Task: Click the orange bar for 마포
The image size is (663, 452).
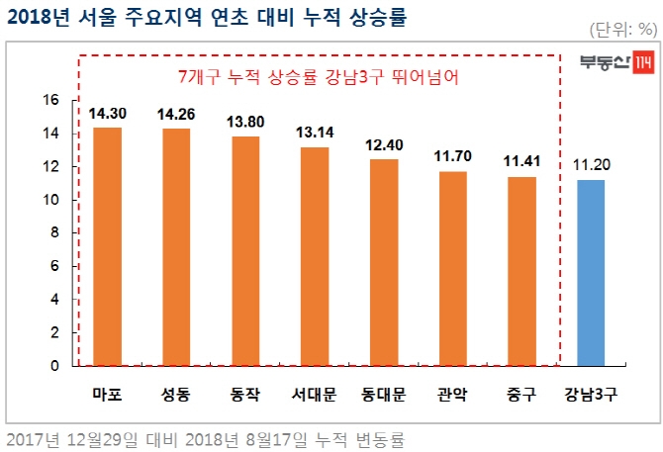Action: coord(107,246)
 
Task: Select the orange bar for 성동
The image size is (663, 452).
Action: coord(176,247)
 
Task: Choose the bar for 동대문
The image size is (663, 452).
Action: coord(383,262)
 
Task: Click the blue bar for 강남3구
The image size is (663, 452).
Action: coord(591,273)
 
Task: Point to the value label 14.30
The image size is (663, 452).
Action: coord(107,115)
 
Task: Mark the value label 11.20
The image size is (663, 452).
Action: coord(591,165)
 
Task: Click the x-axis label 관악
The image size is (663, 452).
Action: coord(452,395)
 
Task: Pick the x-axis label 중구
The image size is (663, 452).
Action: coord(521,395)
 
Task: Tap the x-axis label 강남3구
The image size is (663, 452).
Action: coord(591,395)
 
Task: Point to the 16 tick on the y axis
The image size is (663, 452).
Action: coord(52,100)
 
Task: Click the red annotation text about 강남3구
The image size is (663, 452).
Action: coord(319,76)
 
